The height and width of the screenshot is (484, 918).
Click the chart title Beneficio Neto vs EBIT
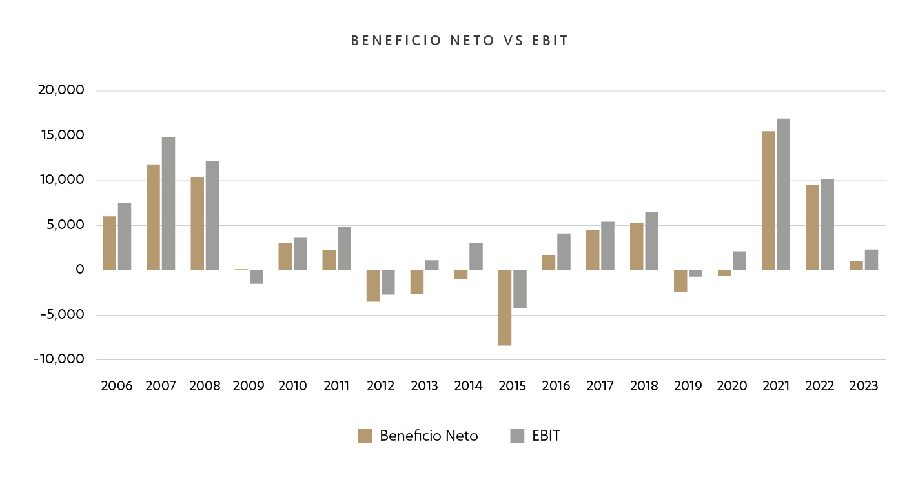click(x=459, y=41)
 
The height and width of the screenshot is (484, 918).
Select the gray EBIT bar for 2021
click(x=783, y=194)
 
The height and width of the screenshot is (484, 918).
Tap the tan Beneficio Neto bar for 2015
click(x=505, y=308)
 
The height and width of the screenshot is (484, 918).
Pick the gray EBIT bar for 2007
click(x=168, y=204)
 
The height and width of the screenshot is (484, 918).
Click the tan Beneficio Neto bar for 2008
click(x=198, y=223)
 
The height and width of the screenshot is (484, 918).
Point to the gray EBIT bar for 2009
click(x=256, y=277)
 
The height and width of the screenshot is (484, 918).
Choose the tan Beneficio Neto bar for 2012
click(x=373, y=286)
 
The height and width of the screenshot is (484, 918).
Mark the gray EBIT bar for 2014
click(x=476, y=257)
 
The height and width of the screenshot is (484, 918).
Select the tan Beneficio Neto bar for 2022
click(x=812, y=228)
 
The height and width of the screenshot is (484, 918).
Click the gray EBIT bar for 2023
click(x=871, y=260)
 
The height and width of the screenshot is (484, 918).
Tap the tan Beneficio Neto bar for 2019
click(x=680, y=281)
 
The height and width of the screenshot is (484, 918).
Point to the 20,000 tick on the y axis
click(x=62, y=90)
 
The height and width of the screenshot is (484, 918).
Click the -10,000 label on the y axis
click(x=59, y=359)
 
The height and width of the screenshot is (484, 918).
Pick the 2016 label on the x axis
click(x=556, y=386)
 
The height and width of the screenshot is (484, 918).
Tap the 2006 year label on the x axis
click(x=117, y=386)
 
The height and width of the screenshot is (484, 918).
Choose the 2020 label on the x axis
click(x=731, y=386)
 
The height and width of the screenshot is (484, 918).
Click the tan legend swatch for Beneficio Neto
click(x=365, y=436)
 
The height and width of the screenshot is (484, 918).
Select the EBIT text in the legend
click(x=546, y=436)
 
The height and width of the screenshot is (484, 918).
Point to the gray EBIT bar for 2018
click(x=651, y=241)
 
